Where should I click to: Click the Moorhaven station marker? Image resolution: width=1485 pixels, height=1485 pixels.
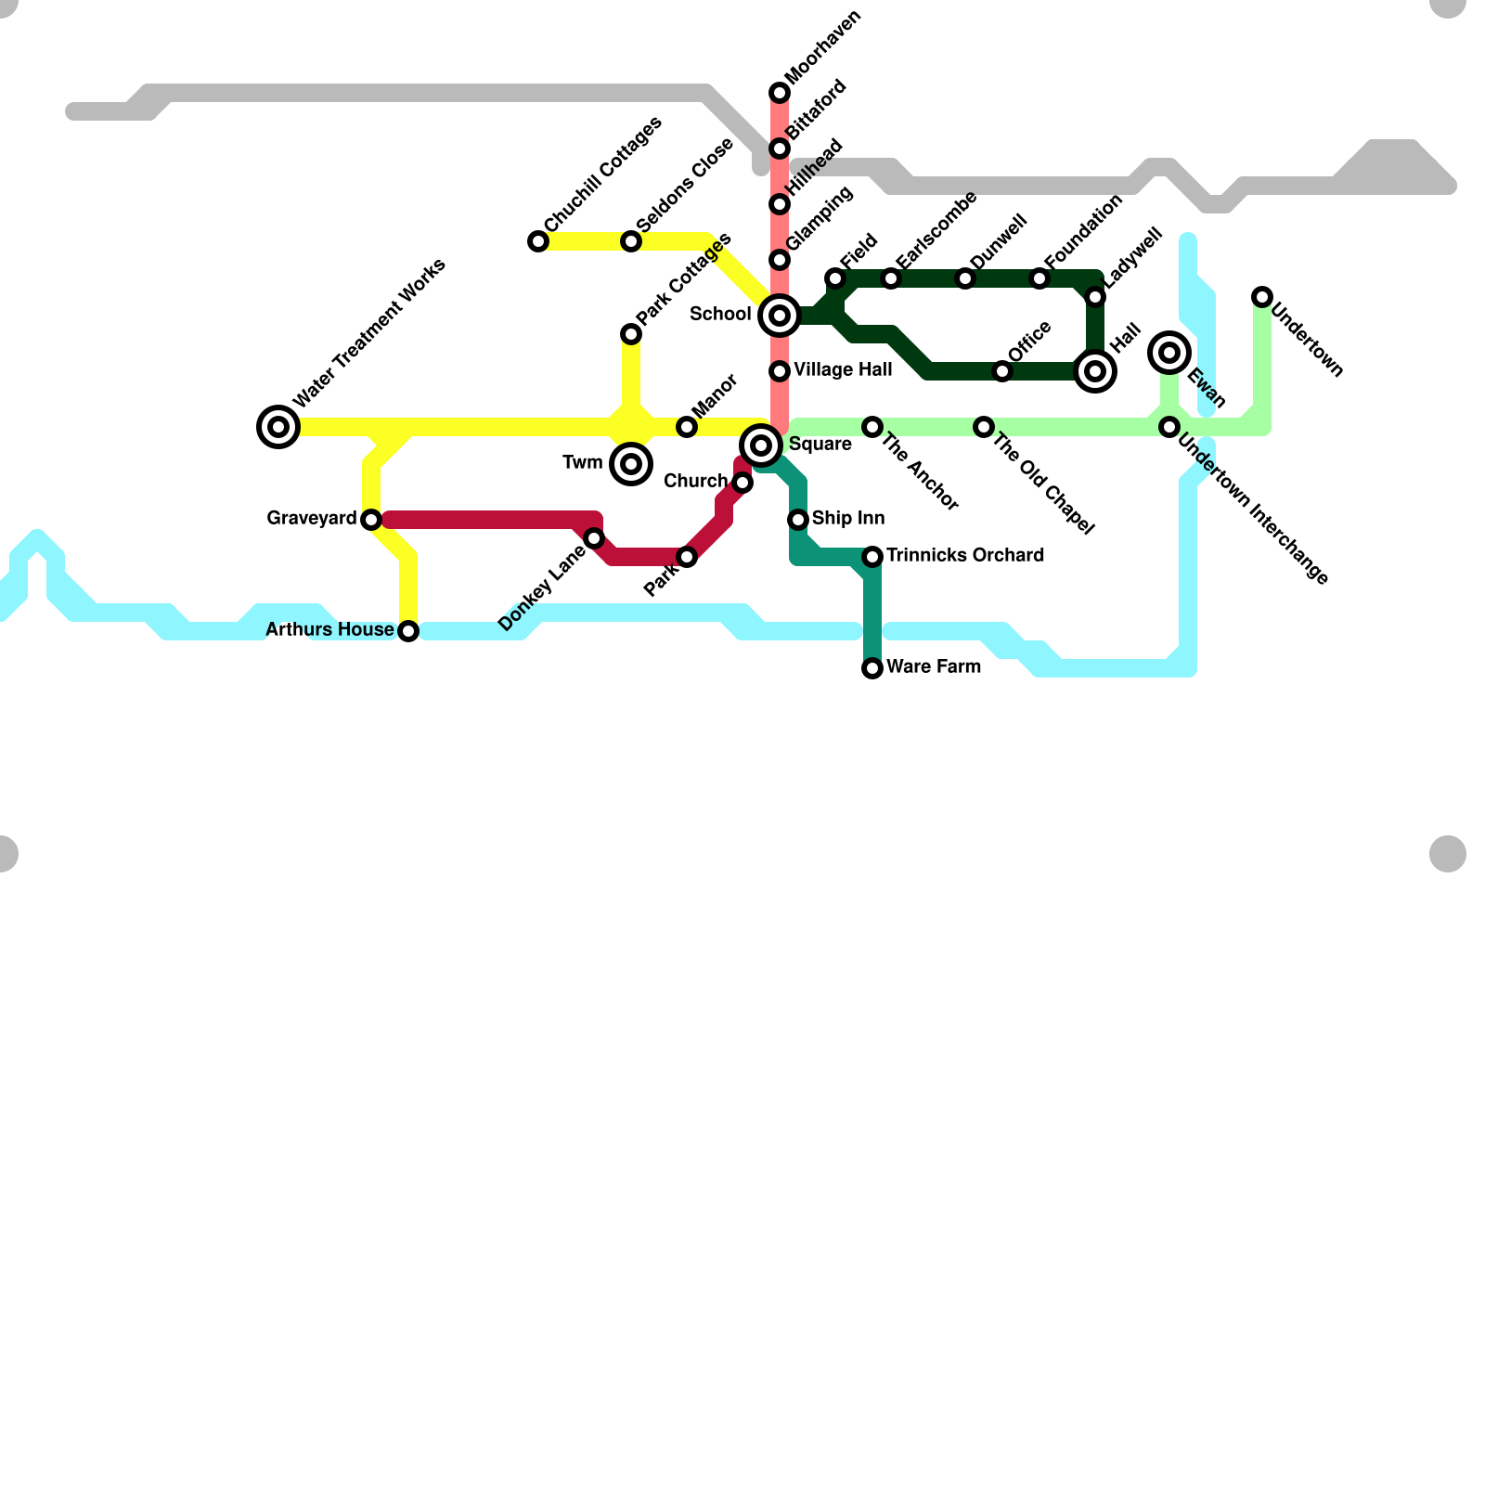tap(780, 93)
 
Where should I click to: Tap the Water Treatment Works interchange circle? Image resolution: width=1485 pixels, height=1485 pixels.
tap(278, 427)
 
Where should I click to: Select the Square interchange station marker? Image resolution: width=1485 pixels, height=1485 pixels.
tap(761, 445)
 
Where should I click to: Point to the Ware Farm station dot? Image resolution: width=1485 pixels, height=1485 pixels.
tap(872, 668)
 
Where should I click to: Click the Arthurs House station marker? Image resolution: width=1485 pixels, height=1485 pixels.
tap(408, 631)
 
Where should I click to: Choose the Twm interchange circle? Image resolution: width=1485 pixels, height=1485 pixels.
tap(631, 464)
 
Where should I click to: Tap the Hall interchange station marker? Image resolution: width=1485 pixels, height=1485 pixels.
tap(1095, 371)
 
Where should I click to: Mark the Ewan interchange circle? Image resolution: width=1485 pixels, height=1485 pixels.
tap(1169, 353)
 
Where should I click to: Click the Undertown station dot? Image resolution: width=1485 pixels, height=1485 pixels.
tap(1262, 297)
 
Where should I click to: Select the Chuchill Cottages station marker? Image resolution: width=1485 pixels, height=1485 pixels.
tap(538, 241)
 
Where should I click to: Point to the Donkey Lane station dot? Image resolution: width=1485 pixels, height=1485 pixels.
tap(594, 538)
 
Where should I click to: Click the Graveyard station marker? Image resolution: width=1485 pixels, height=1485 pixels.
tap(371, 520)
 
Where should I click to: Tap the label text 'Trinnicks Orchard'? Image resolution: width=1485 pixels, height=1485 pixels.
tap(965, 555)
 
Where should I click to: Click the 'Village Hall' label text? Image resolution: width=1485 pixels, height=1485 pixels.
tap(843, 369)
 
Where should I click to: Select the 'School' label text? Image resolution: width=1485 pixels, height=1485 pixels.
tap(720, 314)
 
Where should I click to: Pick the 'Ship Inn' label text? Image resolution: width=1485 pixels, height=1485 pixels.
tap(847, 518)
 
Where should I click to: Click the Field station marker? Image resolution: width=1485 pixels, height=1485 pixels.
tap(835, 278)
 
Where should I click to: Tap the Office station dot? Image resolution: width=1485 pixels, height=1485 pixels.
tap(1002, 371)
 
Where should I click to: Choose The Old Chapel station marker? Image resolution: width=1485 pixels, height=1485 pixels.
tap(984, 427)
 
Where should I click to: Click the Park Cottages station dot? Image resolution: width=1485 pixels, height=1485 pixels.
tap(631, 334)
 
